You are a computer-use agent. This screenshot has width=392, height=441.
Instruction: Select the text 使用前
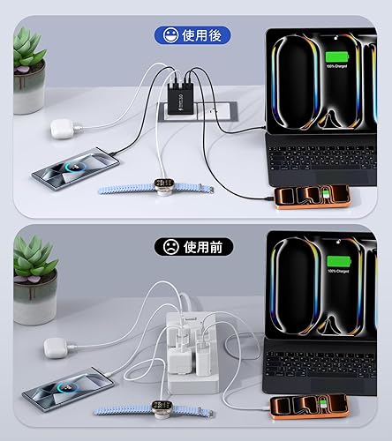point(201,247)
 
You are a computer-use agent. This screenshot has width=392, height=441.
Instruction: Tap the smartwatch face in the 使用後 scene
point(163,184)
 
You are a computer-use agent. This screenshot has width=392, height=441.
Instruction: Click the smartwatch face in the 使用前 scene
point(163,407)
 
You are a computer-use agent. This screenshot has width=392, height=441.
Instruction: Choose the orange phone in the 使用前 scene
point(309,406)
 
